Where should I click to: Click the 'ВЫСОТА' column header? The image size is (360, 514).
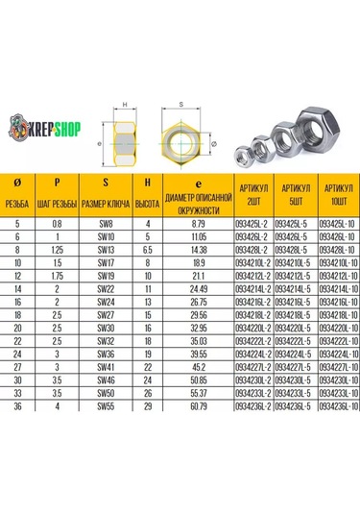coord(147,205)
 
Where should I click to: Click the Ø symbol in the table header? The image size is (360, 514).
coord(17,182)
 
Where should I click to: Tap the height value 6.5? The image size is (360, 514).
coord(147,248)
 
